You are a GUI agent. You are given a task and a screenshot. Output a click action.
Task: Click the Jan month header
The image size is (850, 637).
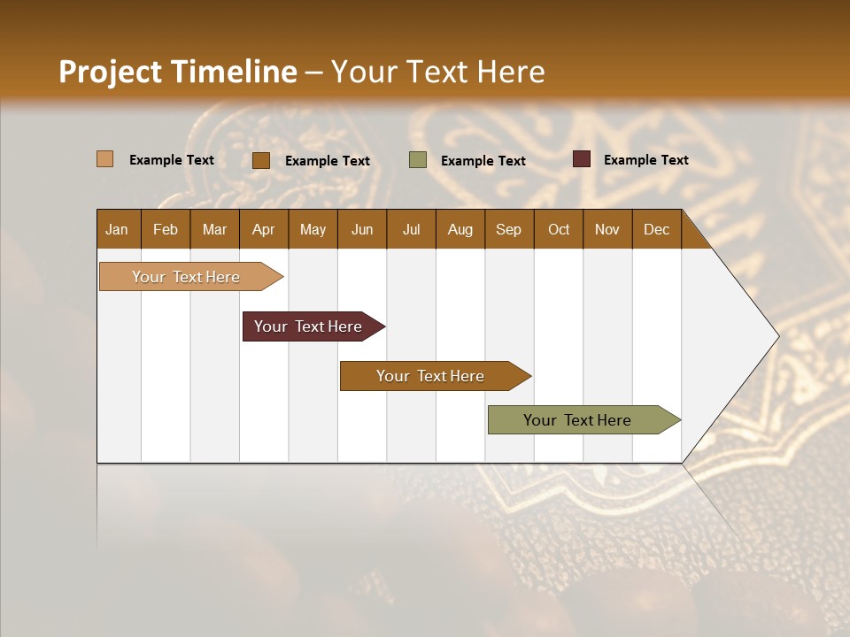(117, 229)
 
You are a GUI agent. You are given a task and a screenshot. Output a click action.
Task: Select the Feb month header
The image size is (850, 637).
(166, 229)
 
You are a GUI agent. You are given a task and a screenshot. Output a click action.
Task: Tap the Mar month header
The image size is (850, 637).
(214, 229)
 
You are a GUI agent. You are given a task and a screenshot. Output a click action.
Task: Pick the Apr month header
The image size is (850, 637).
(263, 229)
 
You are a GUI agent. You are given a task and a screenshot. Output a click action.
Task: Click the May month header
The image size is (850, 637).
(313, 229)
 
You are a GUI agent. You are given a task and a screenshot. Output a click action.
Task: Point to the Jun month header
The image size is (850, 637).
(362, 229)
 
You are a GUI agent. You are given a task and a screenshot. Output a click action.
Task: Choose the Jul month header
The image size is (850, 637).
(411, 229)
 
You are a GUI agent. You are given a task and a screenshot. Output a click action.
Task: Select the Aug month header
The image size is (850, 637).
(460, 229)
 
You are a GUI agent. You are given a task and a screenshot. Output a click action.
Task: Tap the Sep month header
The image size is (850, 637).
(509, 229)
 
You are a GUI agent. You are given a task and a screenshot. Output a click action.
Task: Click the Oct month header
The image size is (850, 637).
(559, 229)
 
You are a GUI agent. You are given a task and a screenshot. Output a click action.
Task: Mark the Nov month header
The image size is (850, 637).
(607, 229)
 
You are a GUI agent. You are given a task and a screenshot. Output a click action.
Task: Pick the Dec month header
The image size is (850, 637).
(656, 229)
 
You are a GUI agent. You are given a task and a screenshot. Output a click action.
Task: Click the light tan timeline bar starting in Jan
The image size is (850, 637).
(186, 277)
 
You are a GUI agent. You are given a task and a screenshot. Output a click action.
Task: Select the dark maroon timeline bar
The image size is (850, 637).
(308, 326)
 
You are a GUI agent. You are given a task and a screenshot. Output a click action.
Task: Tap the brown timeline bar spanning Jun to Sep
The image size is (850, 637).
(430, 376)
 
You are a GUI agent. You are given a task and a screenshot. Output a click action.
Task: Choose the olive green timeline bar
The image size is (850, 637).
(577, 420)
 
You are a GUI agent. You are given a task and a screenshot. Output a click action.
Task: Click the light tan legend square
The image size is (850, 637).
(105, 159)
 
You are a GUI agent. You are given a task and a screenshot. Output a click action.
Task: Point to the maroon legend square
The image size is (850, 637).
(581, 159)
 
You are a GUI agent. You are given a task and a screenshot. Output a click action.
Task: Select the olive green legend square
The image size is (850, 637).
(418, 160)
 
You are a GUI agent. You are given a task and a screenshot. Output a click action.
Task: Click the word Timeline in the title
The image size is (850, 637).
(234, 72)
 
